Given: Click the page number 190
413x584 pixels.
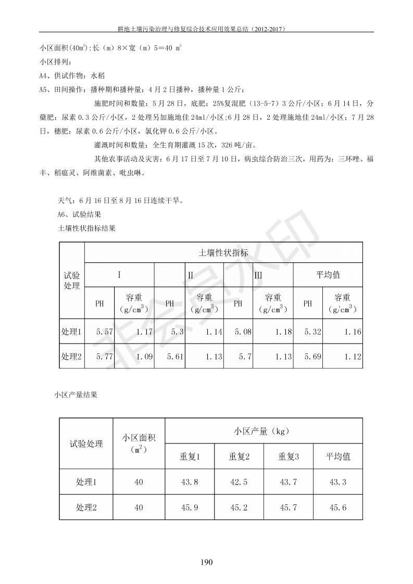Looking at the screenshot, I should pyautogui.click(x=207, y=562).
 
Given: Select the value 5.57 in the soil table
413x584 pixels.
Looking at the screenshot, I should pyautogui.click(x=105, y=332).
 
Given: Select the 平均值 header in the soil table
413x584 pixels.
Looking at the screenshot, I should pyautogui.click(x=328, y=275).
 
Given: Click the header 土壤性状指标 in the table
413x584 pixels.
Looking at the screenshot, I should pyautogui.click(x=223, y=253).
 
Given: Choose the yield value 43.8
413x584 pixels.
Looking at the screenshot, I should pyautogui.click(x=190, y=482).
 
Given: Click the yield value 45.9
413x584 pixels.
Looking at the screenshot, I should pyautogui.click(x=190, y=507).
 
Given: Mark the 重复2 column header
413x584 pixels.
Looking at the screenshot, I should pyautogui.click(x=239, y=456).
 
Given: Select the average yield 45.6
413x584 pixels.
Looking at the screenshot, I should pyautogui.click(x=338, y=507).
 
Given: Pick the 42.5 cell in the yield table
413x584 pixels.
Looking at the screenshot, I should pyautogui.click(x=239, y=482).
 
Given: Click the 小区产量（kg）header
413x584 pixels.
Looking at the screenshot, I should pyautogui.click(x=264, y=431).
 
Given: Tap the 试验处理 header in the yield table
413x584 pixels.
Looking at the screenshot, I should pyautogui.click(x=86, y=444).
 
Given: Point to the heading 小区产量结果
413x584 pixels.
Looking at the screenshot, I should pyautogui.click(x=76, y=395).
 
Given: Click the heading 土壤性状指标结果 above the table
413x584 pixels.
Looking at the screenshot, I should pyautogui.click(x=86, y=228).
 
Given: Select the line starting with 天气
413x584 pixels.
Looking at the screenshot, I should pyautogui.click(x=120, y=200).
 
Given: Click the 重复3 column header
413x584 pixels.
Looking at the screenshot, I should pyautogui.click(x=289, y=456).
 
